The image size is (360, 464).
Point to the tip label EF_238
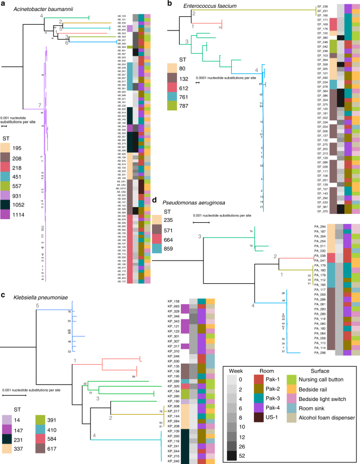point(322,7)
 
